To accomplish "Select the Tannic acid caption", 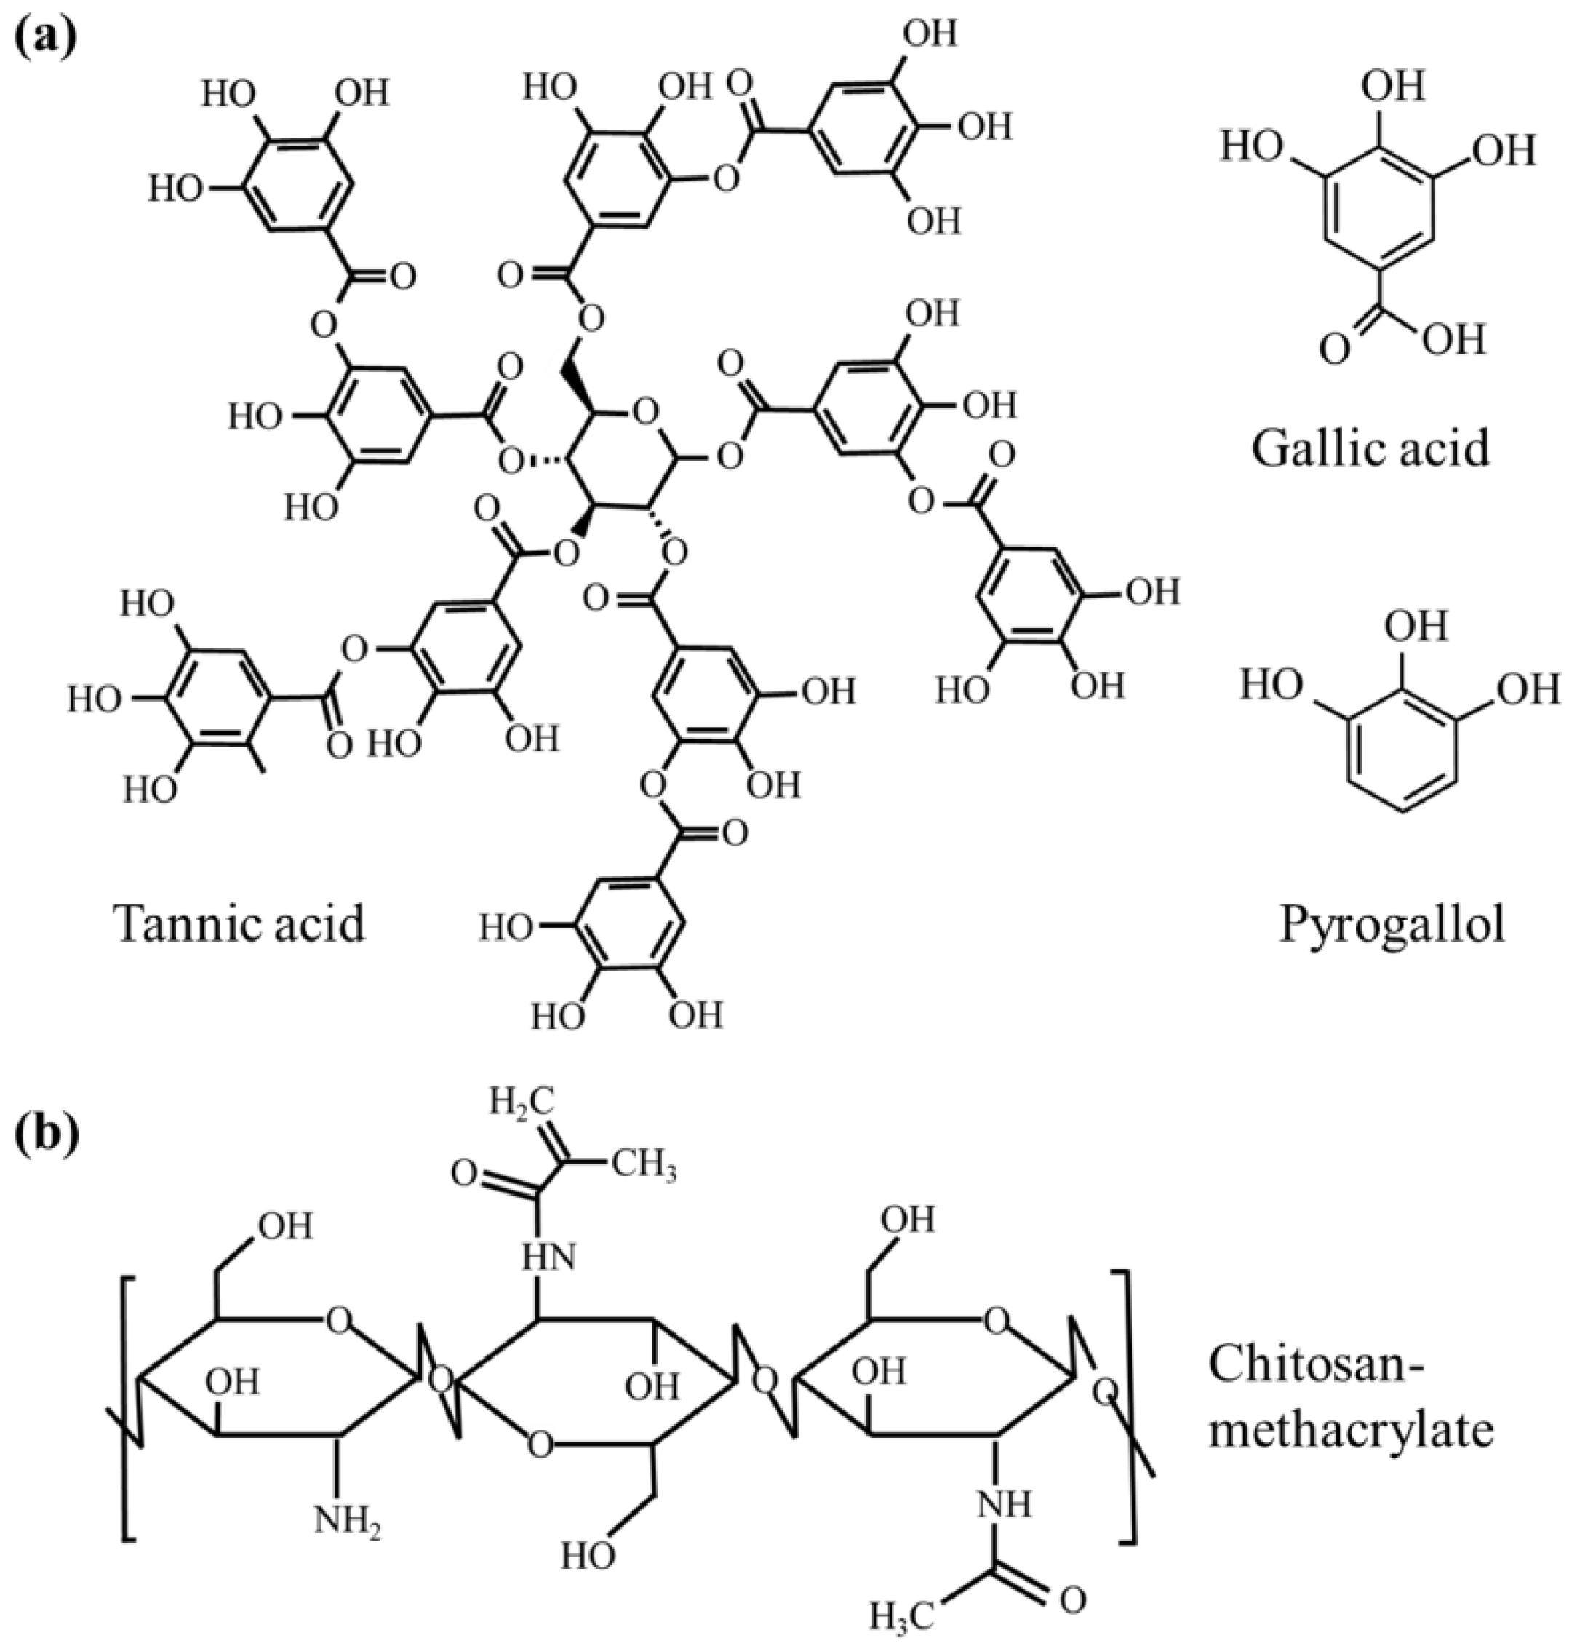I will tap(241, 924).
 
